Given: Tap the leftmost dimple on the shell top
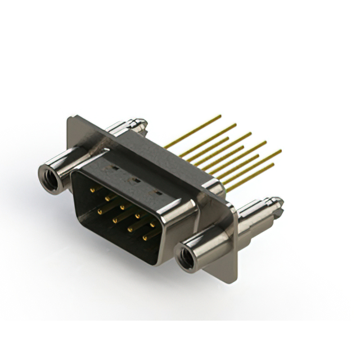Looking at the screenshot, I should [114, 168].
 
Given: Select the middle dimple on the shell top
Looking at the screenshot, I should [135, 180].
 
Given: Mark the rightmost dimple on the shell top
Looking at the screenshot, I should [158, 193].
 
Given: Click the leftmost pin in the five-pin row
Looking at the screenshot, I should [91, 190].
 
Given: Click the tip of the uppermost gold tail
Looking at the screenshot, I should [220, 116].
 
